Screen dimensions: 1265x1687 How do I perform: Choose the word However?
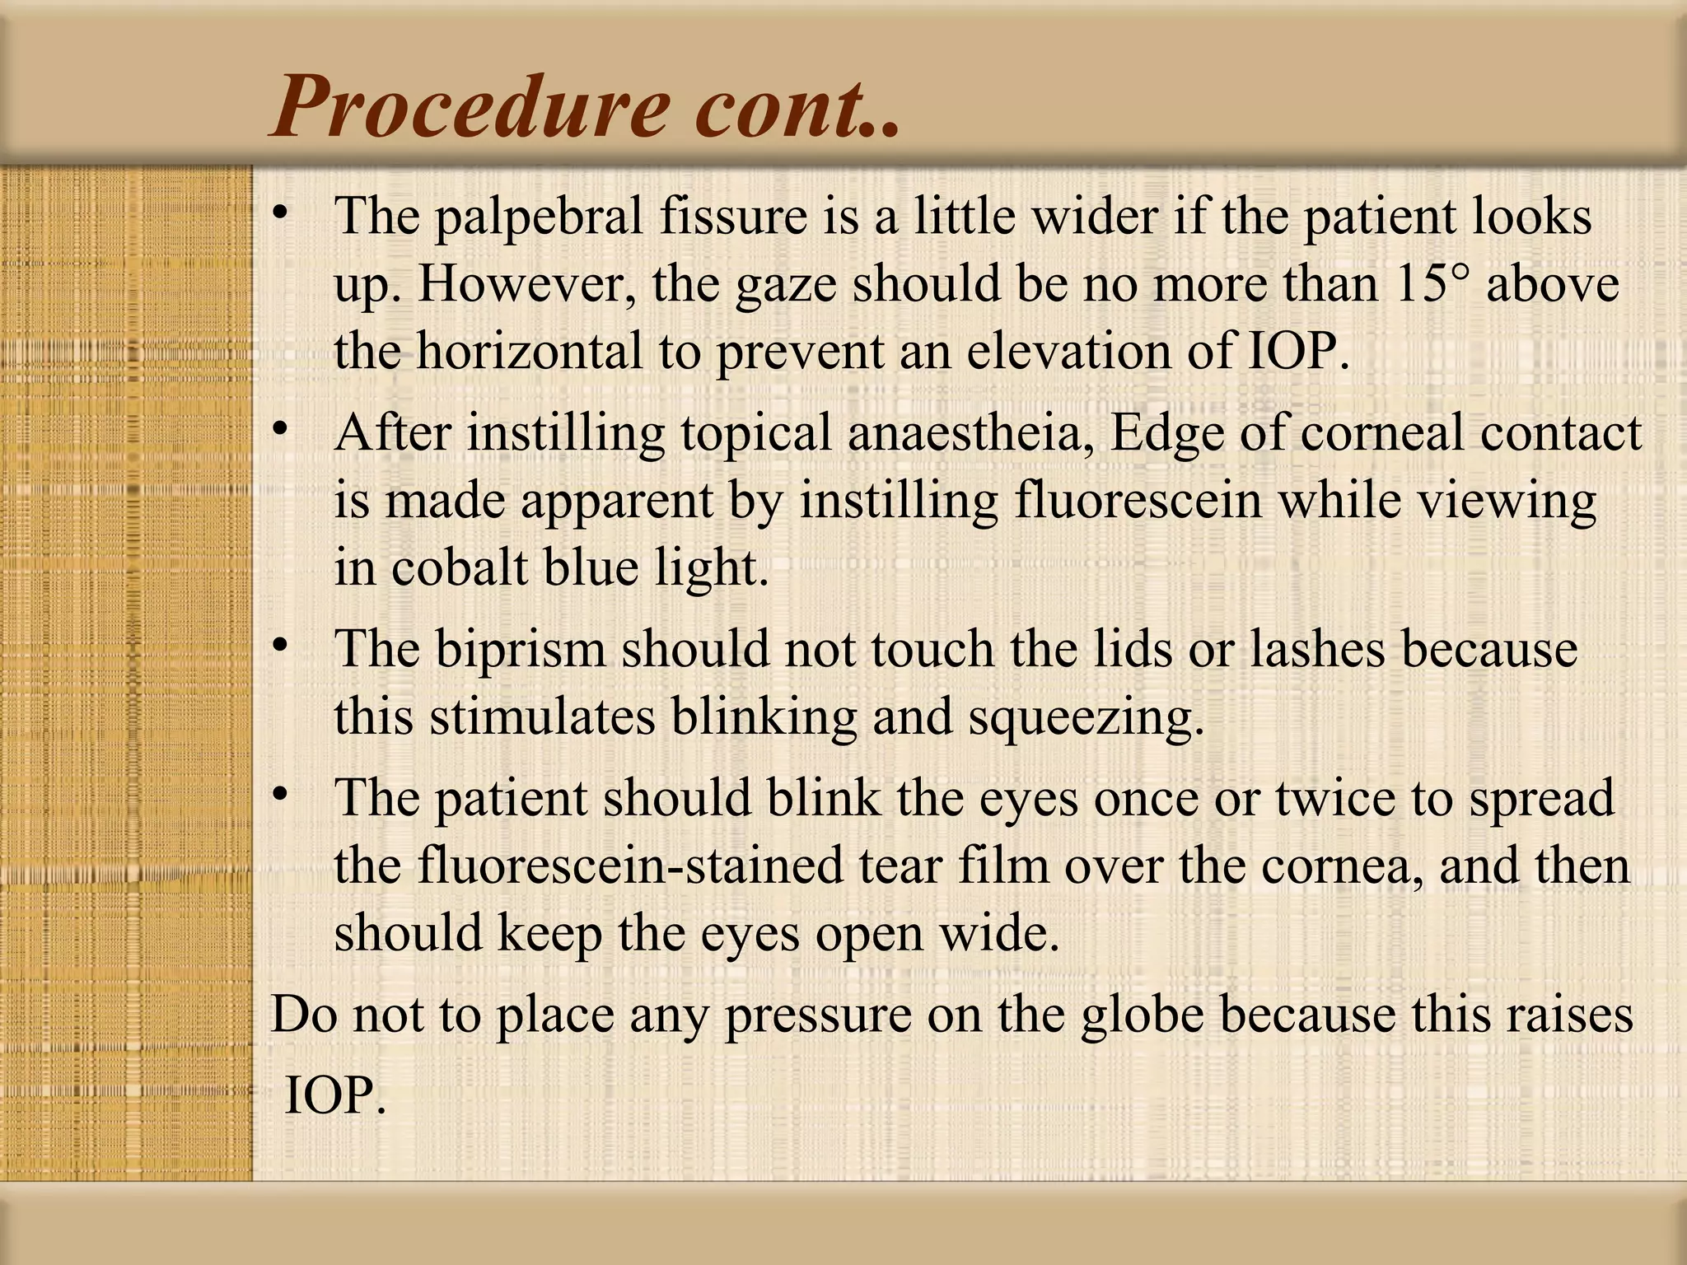click(x=526, y=284)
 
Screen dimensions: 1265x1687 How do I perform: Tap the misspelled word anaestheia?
click(x=970, y=433)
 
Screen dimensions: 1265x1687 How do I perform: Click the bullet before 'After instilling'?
click(x=281, y=428)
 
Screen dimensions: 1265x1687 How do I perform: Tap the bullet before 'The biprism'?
click(x=281, y=645)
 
